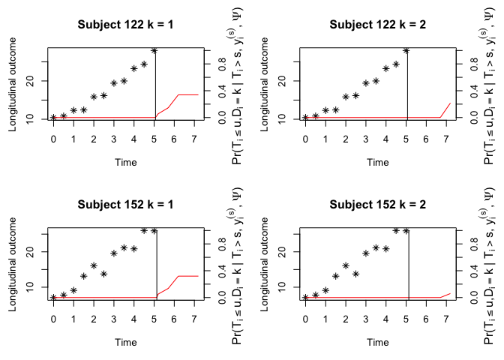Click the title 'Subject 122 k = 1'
[x=125, y=24]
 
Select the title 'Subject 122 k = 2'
[x=377, y=24]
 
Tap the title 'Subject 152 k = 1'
[x=125, y=204]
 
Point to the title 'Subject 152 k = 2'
[x=377, y=204]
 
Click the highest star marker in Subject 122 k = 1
[x=154, y=51]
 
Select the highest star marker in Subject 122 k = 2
[x=406, y=51]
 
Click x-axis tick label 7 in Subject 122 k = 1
[x=194, y=139]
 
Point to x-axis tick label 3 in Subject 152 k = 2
[x=366, y=319]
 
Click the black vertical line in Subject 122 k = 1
[x=155, y=82]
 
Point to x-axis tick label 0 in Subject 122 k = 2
[x=305, y=139]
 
